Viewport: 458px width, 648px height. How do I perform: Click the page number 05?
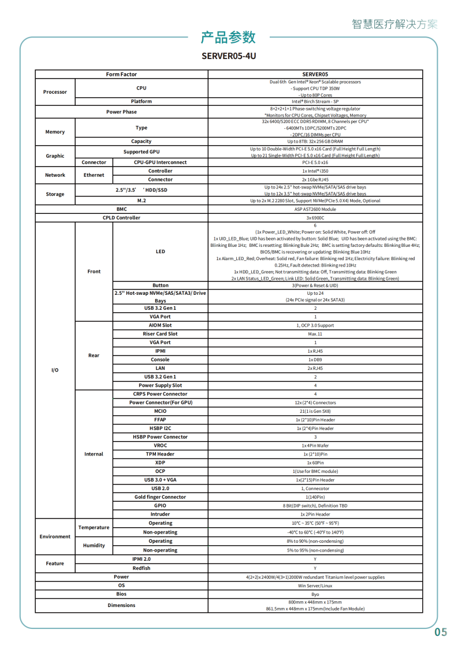pos(441,632)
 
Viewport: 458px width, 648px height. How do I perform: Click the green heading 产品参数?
pos(228,38)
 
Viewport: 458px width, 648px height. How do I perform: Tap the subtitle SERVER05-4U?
pos(229,56)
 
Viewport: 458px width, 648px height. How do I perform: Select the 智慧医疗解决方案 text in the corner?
pos(394,24)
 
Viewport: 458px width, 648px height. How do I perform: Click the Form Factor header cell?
pos(121,75)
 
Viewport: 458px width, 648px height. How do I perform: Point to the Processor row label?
pos(55,92)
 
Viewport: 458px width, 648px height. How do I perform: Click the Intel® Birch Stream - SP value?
pos(315,101)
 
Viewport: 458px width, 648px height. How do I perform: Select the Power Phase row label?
pos(121,112)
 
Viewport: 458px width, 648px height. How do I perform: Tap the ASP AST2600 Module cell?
pos(315,209)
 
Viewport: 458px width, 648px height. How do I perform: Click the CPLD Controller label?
pos(121,218)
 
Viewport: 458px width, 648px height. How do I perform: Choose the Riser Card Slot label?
pos(160,334)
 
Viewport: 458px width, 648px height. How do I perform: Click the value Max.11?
pos(315,334)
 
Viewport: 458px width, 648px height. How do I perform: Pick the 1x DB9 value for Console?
pos(315,360)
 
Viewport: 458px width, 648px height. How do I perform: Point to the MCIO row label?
pos(160,411)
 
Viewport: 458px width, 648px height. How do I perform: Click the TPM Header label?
pos(160,454)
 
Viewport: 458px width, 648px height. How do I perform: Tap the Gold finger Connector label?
pos(160,497)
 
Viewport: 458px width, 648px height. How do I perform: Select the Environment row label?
pos(55,536)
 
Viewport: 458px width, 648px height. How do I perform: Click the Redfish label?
pos(141,568)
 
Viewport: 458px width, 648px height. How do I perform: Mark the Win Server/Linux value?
pos(315,585)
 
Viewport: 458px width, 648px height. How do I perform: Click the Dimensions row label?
pos(121,605)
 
